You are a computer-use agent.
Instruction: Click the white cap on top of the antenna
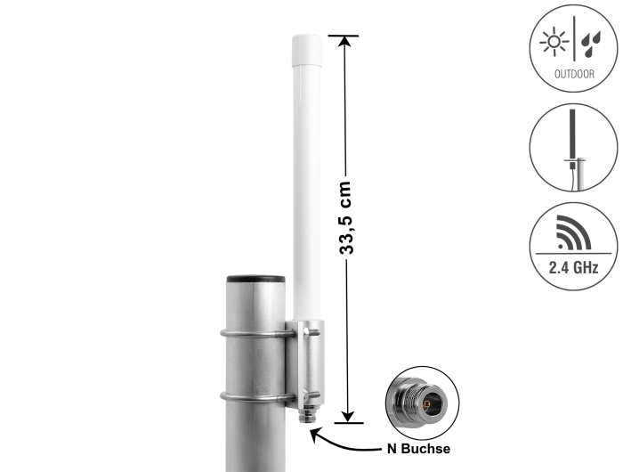[307, 51]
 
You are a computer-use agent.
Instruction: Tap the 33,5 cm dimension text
[346, 217]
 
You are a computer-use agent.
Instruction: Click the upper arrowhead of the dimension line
[344, 41]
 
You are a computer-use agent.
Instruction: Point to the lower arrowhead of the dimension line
[348, 417]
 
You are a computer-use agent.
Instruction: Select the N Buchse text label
[419, 449]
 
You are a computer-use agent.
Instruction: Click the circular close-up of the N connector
[423, 403]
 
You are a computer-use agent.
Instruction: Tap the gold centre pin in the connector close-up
[427, 405]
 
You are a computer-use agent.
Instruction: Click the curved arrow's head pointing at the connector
[315, 434]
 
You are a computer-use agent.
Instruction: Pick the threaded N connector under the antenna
[306, 415]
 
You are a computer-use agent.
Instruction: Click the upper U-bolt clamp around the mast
[257, 334]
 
